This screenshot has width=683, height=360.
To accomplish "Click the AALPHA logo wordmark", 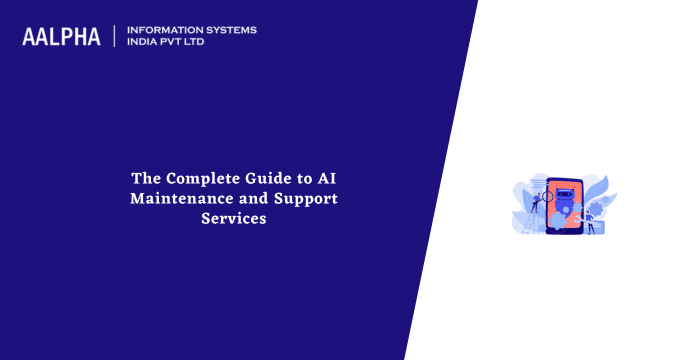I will [61, 37].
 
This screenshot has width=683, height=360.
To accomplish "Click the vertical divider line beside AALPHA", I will [115, 37].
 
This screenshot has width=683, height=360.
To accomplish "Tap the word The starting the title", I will [147, 178].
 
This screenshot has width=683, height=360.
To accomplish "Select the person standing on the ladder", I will [537, 203].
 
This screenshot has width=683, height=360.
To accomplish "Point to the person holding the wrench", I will [590, 220].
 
